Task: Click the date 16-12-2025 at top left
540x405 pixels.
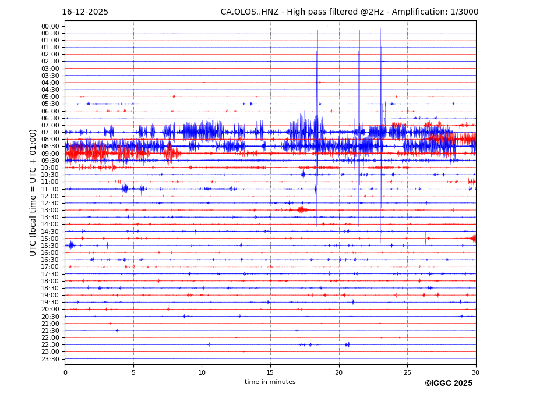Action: click(x=85, y=12)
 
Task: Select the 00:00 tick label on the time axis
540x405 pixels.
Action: click(x=50, y=26)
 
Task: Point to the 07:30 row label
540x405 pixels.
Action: click(x=50, y=132)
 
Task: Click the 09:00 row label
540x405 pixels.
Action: click(x=50, y=154)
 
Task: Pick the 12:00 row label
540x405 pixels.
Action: click(x=50, y=196)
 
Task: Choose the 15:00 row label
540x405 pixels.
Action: click(x=50, y=239)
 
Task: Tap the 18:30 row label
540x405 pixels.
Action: click(x=50, y=288)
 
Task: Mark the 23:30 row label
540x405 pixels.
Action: click(x=50, y=359)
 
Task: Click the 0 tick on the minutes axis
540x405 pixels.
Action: click(x=65, y=372)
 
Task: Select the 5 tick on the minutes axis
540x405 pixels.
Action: click(x=133, y=372)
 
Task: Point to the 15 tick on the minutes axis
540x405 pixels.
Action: click(x=270, y=372)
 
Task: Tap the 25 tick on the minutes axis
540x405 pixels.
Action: click(x=407, y=372)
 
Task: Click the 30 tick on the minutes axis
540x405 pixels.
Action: click(x=475, y=372)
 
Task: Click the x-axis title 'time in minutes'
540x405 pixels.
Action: click(x=270, y=382)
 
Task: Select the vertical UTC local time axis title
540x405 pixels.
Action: click(x=34, y=193)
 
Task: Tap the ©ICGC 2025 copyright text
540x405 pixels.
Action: click(x=448, y=383)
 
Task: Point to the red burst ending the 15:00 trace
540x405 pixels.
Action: click(x=472, y=237)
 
